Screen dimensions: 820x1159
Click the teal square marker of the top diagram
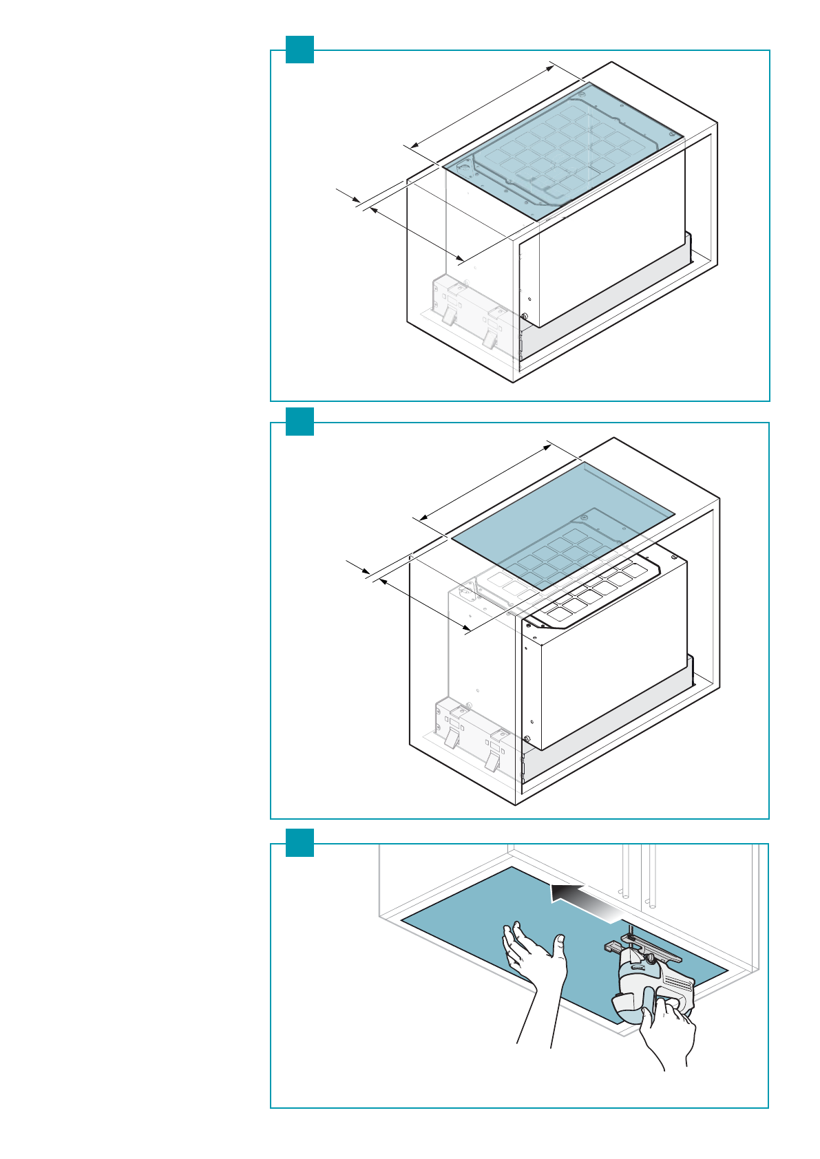coord(300,50)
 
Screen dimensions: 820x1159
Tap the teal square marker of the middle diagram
coord(300,421)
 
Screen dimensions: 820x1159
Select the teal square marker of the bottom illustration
coord(300,842)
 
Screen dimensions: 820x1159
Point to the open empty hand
coord(534,964)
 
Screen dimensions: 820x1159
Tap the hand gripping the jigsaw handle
coord(664,1025)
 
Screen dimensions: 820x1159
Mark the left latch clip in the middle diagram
coord(452,738)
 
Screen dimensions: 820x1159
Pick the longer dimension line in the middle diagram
coord(485,482)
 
